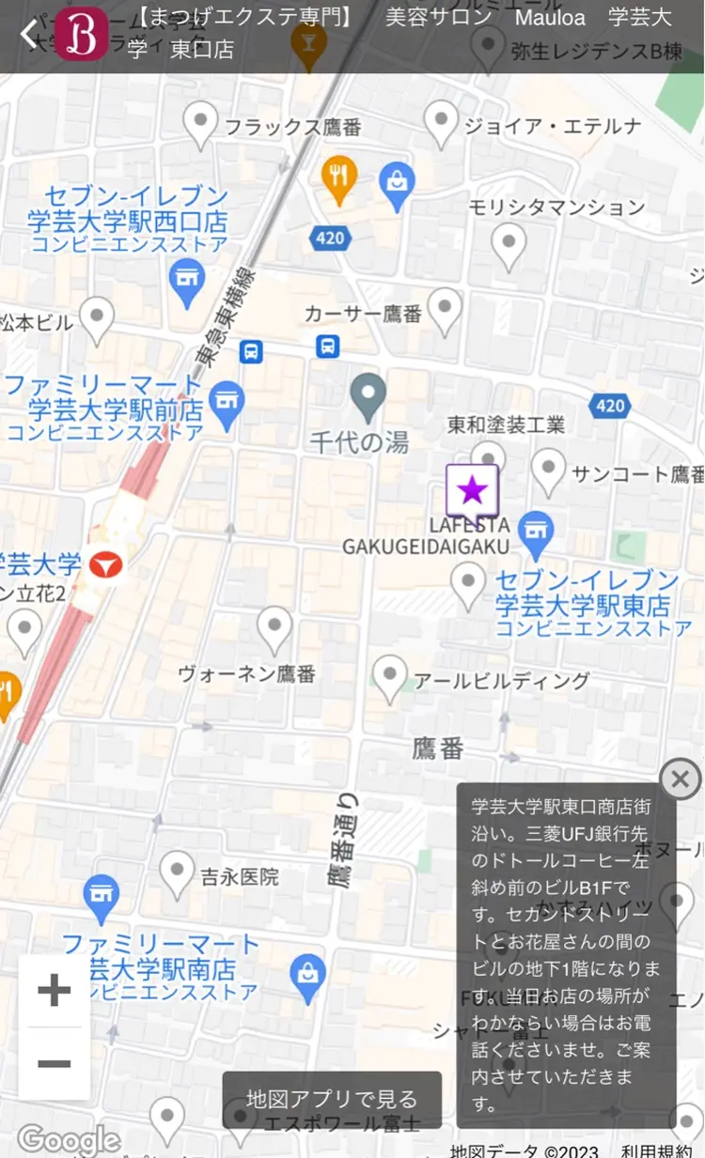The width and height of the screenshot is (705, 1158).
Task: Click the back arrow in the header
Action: [28, 35]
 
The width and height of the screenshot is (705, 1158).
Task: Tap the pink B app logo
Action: [81, 36]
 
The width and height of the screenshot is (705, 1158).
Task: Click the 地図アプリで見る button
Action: [332, 1099]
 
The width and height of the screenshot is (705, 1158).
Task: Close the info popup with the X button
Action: [681, 779]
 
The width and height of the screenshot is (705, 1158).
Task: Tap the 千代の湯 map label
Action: [360, 441]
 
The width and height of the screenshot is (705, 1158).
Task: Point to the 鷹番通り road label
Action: [344, 841]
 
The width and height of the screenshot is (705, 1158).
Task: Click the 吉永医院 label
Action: [240, 877]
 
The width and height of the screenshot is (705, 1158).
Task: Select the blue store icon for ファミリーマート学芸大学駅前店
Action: [227, 401]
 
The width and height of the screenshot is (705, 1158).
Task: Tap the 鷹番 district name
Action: [438, 748]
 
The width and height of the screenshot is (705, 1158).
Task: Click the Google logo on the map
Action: [68, 1139]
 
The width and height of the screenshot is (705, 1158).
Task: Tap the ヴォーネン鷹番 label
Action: [247, 673]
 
